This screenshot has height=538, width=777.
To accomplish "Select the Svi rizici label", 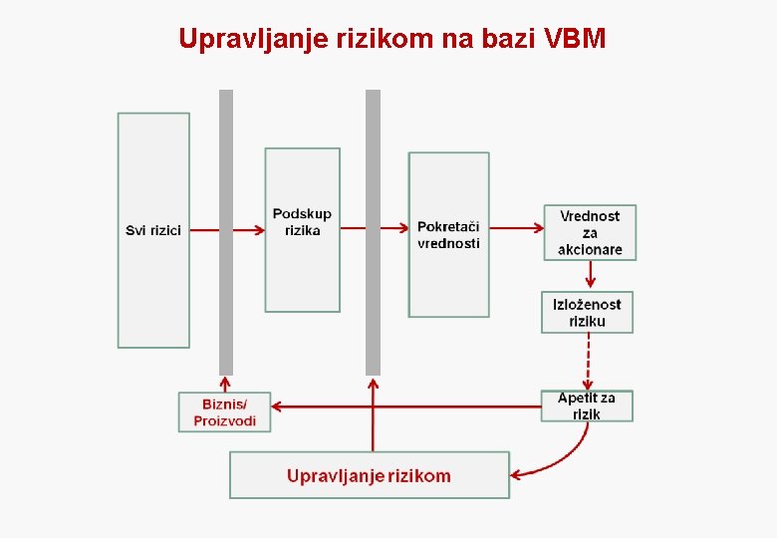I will (153, 230).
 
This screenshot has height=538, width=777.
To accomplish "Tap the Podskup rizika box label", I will (302, 222).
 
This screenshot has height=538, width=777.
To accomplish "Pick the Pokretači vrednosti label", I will (448, 235).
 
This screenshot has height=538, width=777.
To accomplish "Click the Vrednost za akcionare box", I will (590, 232).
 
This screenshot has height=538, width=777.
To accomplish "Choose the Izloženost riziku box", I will (587, 312).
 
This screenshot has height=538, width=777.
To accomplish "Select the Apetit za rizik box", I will (587, 405).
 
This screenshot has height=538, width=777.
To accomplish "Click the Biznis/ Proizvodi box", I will (224, 412).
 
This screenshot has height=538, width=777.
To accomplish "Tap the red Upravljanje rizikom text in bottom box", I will (369, 476).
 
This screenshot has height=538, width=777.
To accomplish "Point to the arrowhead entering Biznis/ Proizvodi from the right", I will (278, 406).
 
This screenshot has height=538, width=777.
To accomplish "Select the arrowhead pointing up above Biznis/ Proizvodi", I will (225, 382).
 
